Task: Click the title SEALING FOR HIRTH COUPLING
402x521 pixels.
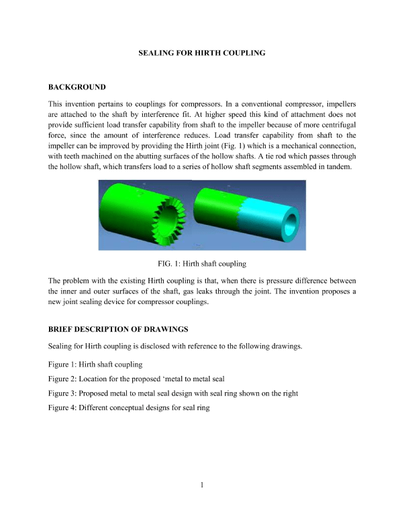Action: point(201,52)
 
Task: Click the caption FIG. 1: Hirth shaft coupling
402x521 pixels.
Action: point(201,263)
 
